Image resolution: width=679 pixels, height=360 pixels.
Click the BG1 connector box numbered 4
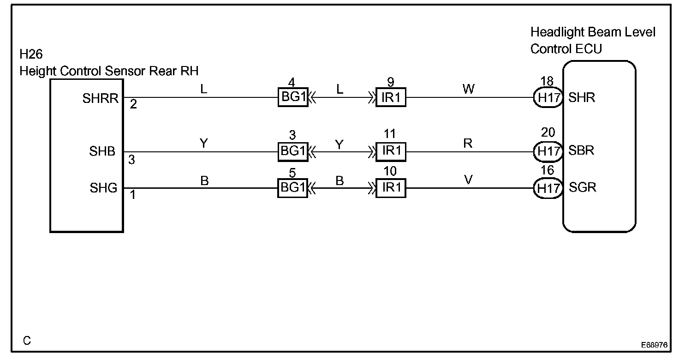292,97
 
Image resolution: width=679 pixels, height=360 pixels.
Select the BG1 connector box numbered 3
292,151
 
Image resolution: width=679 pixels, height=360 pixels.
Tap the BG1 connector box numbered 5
292,188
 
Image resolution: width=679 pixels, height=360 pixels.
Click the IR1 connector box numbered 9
391,97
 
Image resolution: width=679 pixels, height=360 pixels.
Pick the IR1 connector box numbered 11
391,151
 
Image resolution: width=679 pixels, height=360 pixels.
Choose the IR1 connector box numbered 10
391,188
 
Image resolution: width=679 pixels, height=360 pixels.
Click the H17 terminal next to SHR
548,97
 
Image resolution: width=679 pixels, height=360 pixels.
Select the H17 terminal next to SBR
548,151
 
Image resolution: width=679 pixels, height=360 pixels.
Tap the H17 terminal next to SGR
548,188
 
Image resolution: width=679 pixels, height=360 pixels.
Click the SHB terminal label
102,151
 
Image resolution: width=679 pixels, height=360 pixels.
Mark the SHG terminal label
103,188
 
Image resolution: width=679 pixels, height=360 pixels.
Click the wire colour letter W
468,89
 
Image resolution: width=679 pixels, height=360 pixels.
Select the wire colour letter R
468,143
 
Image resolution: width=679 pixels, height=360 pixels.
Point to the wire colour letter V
468,180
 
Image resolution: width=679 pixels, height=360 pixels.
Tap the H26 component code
31,55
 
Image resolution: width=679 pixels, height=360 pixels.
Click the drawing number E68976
654,345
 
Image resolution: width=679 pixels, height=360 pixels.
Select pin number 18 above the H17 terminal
547,82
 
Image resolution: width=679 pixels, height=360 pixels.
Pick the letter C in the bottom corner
27,341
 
